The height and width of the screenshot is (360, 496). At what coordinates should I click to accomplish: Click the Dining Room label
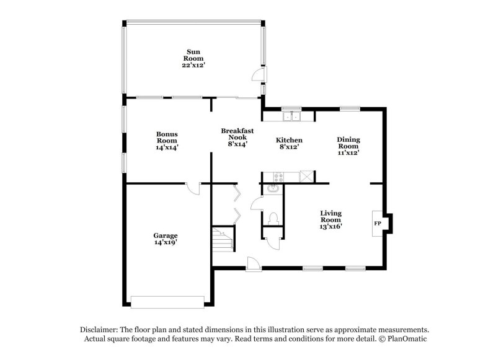point(348,146)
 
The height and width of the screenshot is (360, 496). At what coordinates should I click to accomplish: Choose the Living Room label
point(330,219)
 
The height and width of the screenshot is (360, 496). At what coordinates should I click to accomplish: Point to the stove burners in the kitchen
point(273,177)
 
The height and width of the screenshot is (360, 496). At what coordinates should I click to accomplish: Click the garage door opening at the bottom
point(167,301)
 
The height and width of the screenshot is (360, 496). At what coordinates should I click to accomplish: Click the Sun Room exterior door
point(256,76)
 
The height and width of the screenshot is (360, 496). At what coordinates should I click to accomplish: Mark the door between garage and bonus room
point(193,188)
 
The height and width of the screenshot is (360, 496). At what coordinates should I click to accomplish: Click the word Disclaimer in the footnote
point(100,330)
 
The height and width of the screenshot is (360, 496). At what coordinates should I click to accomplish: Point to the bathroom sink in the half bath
point(271,191)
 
